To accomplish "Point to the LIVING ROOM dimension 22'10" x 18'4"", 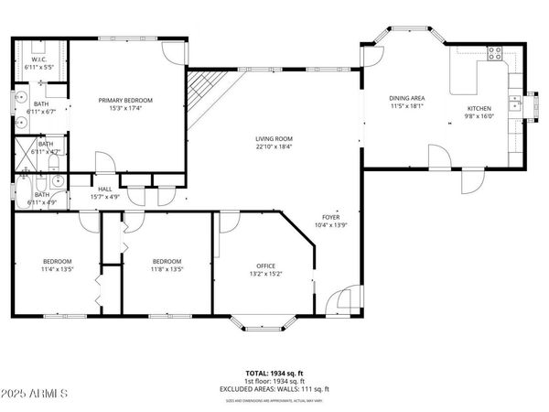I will pos(274,147).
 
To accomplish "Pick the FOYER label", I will pos(330,217).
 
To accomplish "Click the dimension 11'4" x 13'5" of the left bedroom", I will pos(57,269).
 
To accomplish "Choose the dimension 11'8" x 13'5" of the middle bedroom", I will pos(167,269).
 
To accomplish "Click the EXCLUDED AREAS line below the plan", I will pos(274,390).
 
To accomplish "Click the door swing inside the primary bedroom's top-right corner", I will pos(175,51).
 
